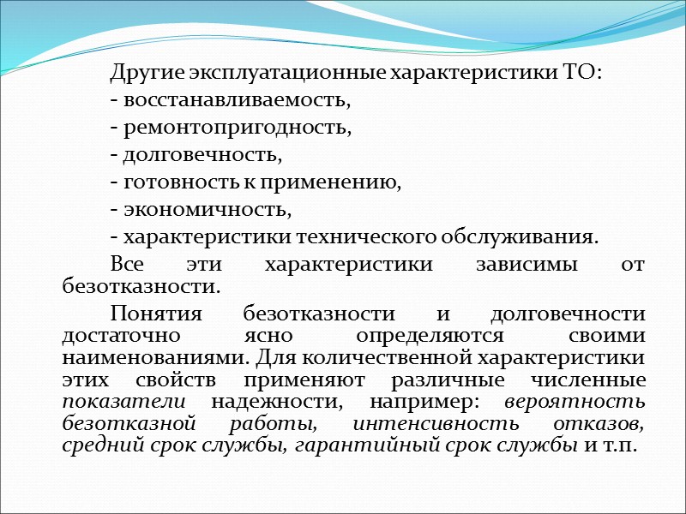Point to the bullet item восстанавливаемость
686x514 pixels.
coord(237,101)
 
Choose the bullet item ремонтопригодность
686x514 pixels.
coord(237,128)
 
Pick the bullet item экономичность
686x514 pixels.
coord(207,210)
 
